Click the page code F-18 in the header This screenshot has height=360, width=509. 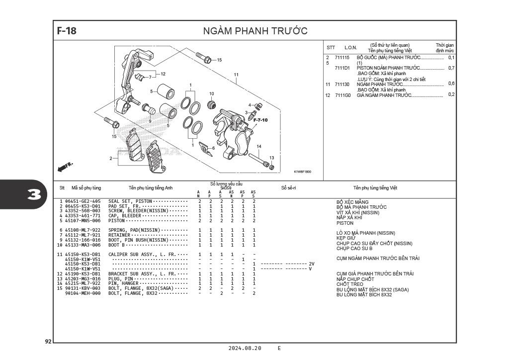point(67,31)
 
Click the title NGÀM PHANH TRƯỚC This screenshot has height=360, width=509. point(255,31)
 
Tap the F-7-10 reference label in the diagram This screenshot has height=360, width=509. point(260,120)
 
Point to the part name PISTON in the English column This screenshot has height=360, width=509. point(117,221)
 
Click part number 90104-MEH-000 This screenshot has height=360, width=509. point(83,293)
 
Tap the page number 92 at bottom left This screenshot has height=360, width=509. point(48,342)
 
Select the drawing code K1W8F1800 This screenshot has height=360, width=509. point(302,172)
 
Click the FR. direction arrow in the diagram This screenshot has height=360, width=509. point(65,167)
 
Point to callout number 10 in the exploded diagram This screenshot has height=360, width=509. point(211,94)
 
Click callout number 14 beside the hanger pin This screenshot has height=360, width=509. point(258,147)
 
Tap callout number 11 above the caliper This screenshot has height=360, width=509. point(236,75)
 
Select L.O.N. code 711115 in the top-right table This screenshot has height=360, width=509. point(342,58)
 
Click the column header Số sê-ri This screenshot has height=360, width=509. point(288,187)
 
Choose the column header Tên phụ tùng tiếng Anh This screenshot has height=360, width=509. point(151,188)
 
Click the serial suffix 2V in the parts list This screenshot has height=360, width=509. point(312,264)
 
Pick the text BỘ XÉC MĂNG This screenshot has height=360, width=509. point(352,202)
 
